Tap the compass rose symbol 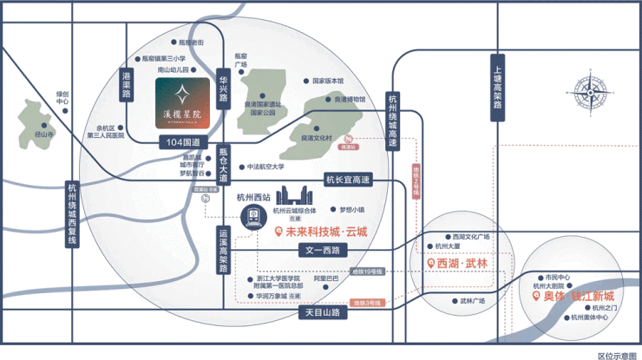click(590, 92)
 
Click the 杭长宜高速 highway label click(348, 180)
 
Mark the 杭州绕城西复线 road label click(72, 216)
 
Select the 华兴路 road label click(223, 87)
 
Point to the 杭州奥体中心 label click(594, 317)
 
